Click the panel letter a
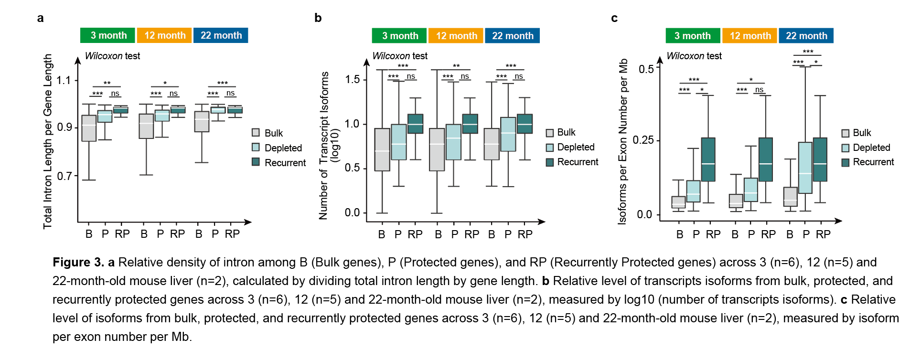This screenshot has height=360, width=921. (x=41, y=18)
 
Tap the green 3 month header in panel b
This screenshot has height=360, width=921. (x=400, y=36)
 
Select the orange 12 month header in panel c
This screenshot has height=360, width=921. (x=750, y=36)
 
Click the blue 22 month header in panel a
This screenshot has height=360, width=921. (x=221, y=35)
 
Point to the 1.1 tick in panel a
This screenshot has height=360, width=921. (x=64, y=80)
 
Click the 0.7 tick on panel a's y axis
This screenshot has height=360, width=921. (x=64, y=176)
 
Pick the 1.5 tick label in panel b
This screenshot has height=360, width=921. (x=353, y=80)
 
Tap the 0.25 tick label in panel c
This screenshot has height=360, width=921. (x=643, y=140)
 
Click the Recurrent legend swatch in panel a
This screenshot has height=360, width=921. (x=256, y=162)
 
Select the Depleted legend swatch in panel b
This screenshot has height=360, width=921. (x=550, y=148)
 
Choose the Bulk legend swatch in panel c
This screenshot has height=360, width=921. (x=846, y=133)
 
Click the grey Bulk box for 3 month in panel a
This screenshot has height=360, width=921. (x=89, y=128)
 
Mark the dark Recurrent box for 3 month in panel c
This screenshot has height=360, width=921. (x=708, y=159)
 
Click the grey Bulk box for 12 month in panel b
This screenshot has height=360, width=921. (x=437, y=149)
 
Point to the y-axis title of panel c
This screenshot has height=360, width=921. (x=623, y=141)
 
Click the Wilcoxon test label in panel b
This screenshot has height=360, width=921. (x=400, y=56)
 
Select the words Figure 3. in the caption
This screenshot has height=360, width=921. (x=78, y=262)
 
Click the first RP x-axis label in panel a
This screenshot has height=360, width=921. (x=122, y=234)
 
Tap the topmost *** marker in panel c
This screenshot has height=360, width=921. (x=808, y=52)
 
